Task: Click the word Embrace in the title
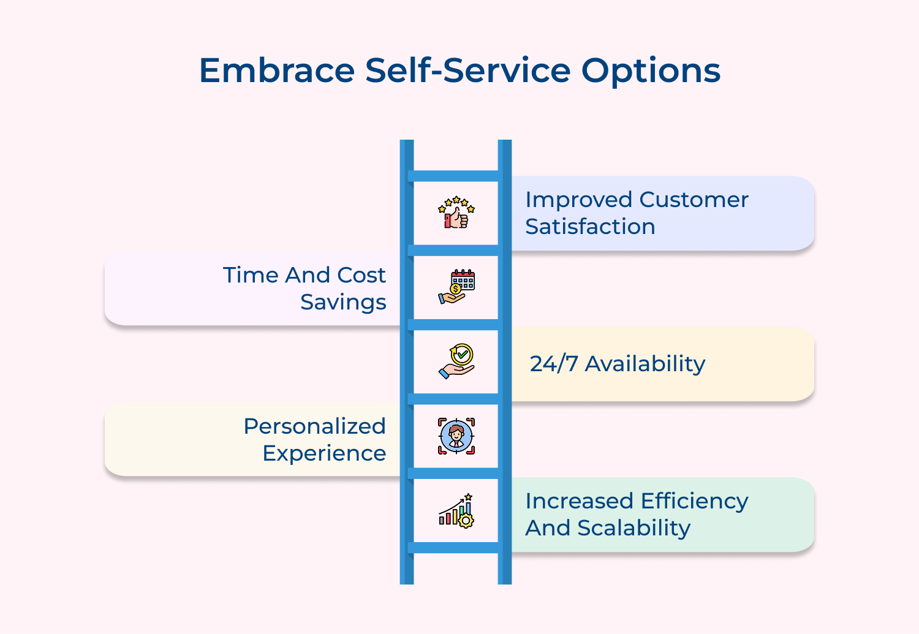pyautogui.click(x=277, y=70)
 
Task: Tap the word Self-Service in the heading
pyautogui.click(x=468, y=70)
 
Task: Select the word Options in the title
pyautogui.click(x=651, y=72)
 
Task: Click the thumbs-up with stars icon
pyautogui.click(x=456, y=213)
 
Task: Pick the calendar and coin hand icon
pyautogui.click(x=456, y=287)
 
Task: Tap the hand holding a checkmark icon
pyautogui.click(x=456, y=361)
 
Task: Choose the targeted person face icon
pyautogui.click(x=456, y=436)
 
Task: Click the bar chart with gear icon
pyautogui.click(x=456, y=511)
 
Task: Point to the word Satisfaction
pyautogui.click(x=590, y=227)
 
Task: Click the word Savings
pyautogui.click(x=343, y=302)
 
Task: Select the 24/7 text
pyautogui.click(x=554, y=364)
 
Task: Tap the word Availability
pyautogui.click(x=645, y=364)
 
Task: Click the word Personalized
pyautogui.click(x=314, y=426)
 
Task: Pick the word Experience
pyautogui.click(x=324, y=453)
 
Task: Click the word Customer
pyautogui.click(x=694, y=200)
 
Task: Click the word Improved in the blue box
pyautogui.click(x=578, y=200)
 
